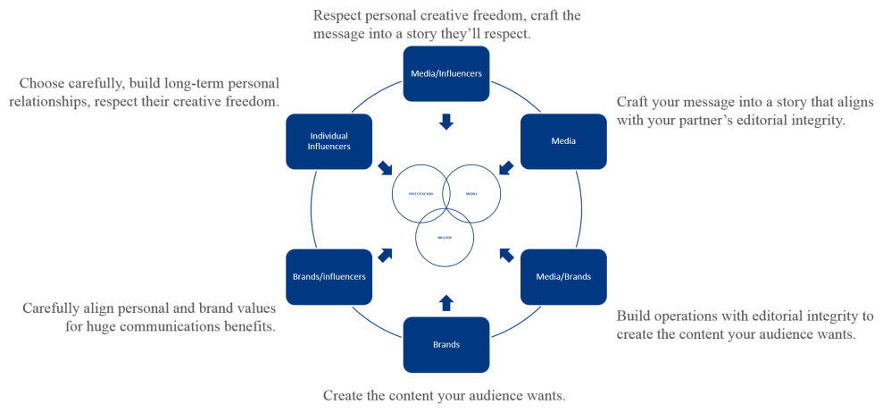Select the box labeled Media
pos(562,141)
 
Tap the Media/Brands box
pos(562,276)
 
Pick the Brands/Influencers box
pos(329,276)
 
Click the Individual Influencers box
pos(329,141)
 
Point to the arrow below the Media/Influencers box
pos(446,121)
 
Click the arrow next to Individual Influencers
pos(386,167)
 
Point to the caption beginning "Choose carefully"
pos(147,92)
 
